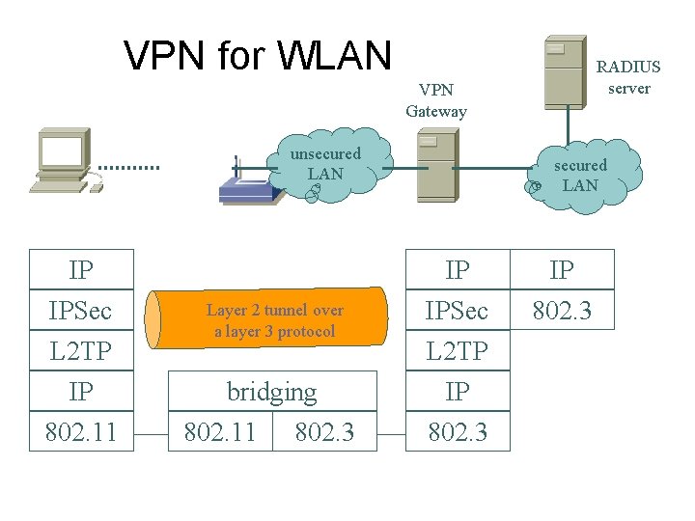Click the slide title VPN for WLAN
258,55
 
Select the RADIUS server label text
628,77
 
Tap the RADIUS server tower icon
564,72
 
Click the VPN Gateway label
436,100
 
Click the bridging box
271,392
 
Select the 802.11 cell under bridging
220,432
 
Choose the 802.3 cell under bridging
324,432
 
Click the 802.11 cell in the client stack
81,432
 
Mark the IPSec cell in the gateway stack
458,311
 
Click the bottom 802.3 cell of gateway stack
458,432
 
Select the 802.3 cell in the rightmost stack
562,311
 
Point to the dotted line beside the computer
128,167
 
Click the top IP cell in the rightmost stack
562,270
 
